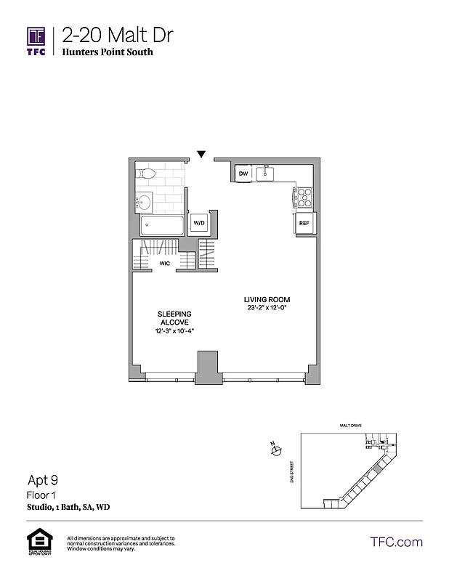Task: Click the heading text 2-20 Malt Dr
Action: click(117, 35)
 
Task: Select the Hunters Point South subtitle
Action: click(107, 52)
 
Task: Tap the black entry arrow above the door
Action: click(201, 154)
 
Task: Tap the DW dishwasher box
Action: click(243, 174)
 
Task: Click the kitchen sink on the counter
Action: click(267, 173)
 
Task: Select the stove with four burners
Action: click(302, 196)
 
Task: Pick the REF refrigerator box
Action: click(304, 224)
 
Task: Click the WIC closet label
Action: click(164, 264)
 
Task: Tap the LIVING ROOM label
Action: click(270, 300)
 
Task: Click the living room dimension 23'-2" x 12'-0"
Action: click(270, 308)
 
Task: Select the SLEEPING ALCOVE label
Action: click(174, 318)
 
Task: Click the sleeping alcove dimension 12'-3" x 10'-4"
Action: click(174, 331)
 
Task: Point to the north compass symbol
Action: click(275, 452)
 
